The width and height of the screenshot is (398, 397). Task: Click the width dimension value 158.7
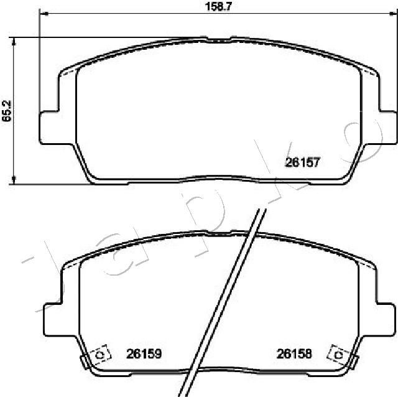click(218, 6)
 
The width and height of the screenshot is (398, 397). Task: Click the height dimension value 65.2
click(7, 111)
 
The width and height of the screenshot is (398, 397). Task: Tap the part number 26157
click(303, 162)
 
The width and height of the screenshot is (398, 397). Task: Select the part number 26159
click(144, 353)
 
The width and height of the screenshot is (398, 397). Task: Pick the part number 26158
click(294, 353)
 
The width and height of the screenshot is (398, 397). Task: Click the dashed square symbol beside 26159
click(101, 354)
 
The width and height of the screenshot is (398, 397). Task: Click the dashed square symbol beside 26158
click(338, 354)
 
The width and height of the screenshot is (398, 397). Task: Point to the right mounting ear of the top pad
click(387, 128)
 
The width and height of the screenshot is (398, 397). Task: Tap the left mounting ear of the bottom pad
click(53, 319)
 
